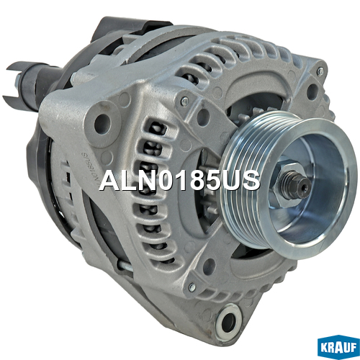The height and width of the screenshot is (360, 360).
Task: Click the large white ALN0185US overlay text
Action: [180, 181]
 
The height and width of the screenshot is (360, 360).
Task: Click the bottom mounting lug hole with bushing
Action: [228, 321]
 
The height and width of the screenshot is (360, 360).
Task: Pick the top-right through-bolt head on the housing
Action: [320, 71]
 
